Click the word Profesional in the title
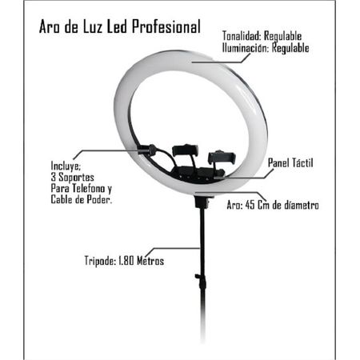click(166, 26)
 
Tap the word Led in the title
click(117, 26)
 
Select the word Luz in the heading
click(92, 26)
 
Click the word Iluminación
click(245, 48)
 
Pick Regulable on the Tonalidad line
click(282, 37)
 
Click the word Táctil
click(302, 162)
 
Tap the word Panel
click(278, 162)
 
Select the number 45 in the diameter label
click(250, 205)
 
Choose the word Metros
click(150, 261)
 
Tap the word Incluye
click(66, 166)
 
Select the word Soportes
click(76, 178)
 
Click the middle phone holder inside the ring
click(186, 150)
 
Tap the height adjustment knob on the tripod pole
click(198, 276)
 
